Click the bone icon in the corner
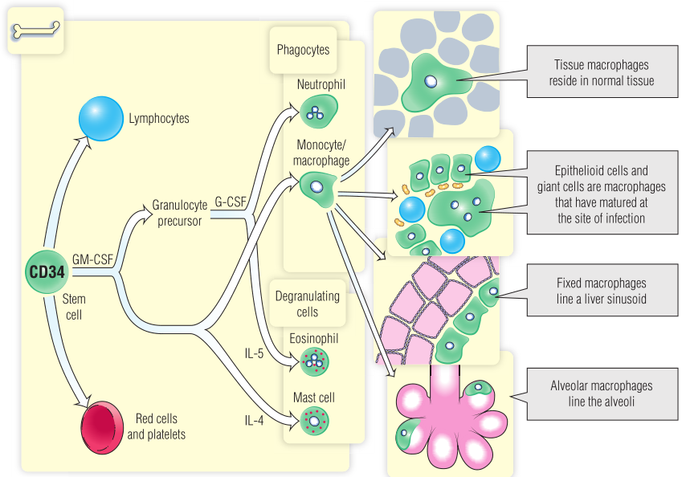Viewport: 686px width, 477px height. pyautogui.click(x=35, y=31)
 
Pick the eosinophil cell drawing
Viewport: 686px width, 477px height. pyautogui.click(x=315, y=360)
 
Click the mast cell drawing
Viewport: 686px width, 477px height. pyautogui.click(x=315, y=419)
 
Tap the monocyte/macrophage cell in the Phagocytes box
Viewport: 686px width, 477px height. pyautogui.click(x=317, y=187)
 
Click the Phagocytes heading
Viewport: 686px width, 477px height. pyautogui.click(x=303, y=50)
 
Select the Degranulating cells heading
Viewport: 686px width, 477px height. pyautogui.click(x=308, y=304)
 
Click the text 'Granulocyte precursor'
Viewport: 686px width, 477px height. pyautogui.click(x=179, y=213)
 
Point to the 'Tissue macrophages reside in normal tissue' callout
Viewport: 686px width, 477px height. pyautogui.click(x=601, y=73)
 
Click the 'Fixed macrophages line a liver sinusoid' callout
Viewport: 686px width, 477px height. pyautogui.click(x=601, y=291)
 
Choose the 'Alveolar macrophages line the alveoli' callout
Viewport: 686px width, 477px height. pyautogui.click(x=601, y=393)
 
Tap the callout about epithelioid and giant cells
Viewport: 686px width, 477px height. pyautogui.click(x=601, y=194)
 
